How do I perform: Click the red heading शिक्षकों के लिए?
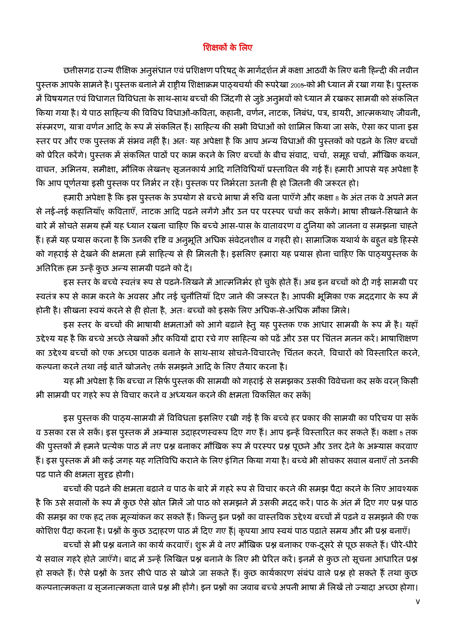(x=227, y=48)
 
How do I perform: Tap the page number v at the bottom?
(x=418, y=602)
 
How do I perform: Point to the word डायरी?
(x=341, y=113)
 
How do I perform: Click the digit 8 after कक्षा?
(x=337, y=198)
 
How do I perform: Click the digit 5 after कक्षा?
(x=401, y=433)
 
